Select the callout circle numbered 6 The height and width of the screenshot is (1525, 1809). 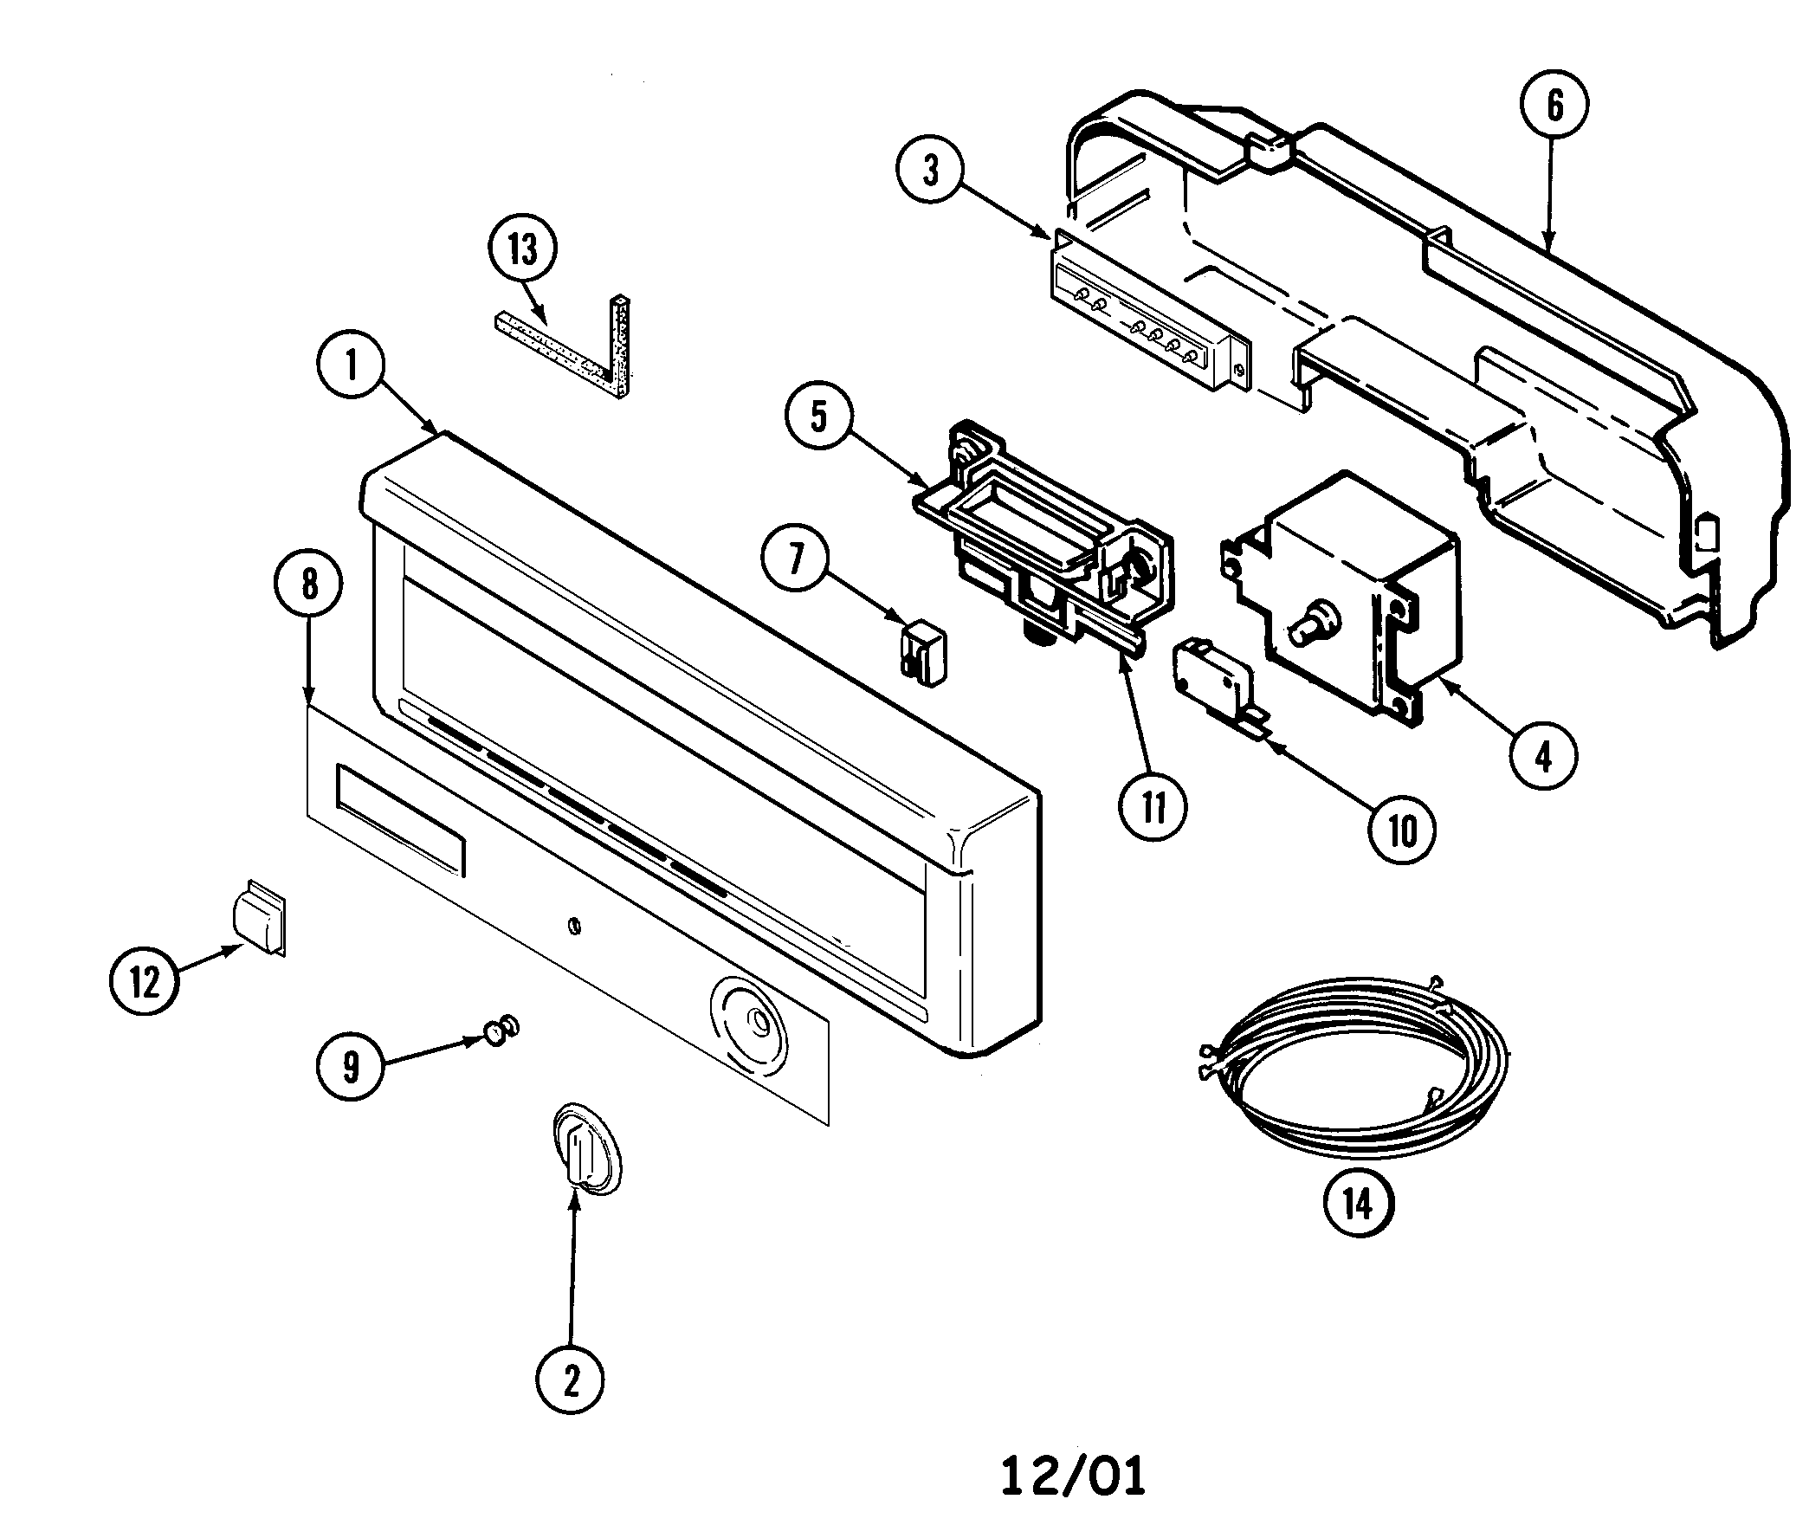coord(1555,107)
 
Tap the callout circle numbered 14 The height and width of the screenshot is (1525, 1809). coord(1358,1203)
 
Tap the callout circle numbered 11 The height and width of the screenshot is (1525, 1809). coord(1153,806)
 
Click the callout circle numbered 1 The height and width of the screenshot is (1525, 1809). coord(351,366)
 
